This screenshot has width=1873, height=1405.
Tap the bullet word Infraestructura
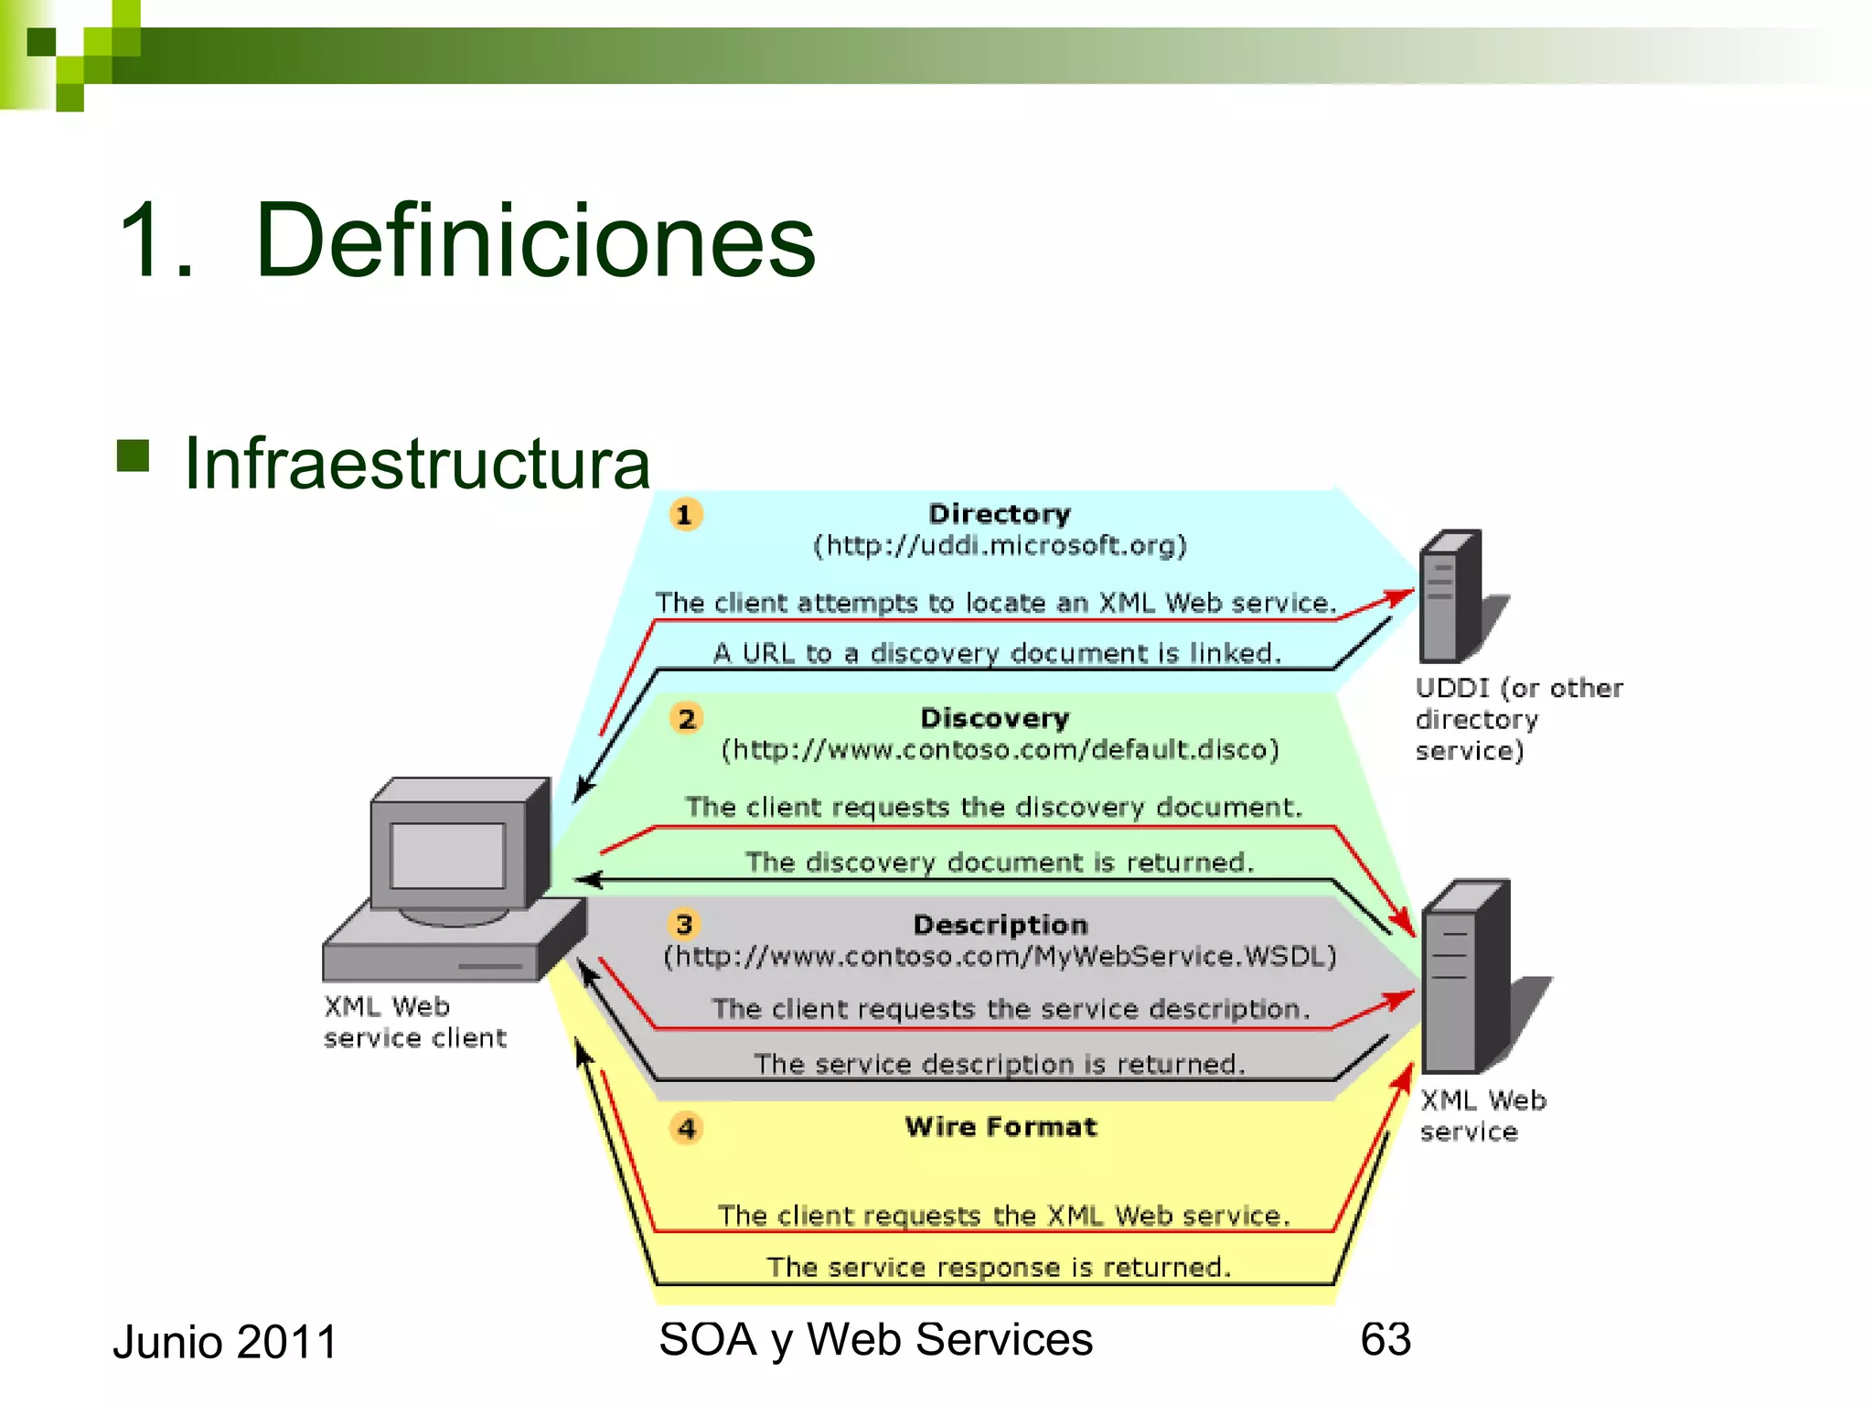pyautogui.click(x=417, y=464)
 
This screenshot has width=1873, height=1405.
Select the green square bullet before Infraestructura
pyautogui.click(x=134, y=455)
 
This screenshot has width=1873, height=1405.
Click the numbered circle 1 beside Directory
pyautogui.click(x=685, y=514)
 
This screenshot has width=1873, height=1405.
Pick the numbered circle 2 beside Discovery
pyautogui.click(x=686, y=718)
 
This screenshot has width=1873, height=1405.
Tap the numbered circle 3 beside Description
pyautogui.click(x=684, y=924)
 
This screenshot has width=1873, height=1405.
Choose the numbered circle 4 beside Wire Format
pyautogui.click(x=686, y=1128)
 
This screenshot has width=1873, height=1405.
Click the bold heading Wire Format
pyautogui.click(x=1001, y=1127)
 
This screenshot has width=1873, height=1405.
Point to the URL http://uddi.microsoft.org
pyautogui.click(x=1001, y=546)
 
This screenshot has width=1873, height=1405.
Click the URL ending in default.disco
pyautogui.click(x=1000, y=750)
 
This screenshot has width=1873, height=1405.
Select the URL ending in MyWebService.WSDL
pyautogui.click(x=1000, y=957)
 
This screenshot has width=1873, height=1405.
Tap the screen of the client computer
pyautogui.click(x=448, y=855)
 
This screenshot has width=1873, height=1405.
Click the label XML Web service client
pyautogui.click(x=413, y=1022)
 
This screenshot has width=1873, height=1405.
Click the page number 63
pyautogui.click(x=1386, y=1339)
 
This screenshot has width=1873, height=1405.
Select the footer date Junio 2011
pyautogui.click(x=225, y=1342)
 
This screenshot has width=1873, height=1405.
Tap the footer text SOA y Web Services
pyautogui.click(x=875, y=1339)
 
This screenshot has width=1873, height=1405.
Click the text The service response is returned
pyautogui.click(x=999, y=1267)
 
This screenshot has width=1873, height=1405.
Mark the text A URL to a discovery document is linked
pyautogui.click(x=997, y=653)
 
